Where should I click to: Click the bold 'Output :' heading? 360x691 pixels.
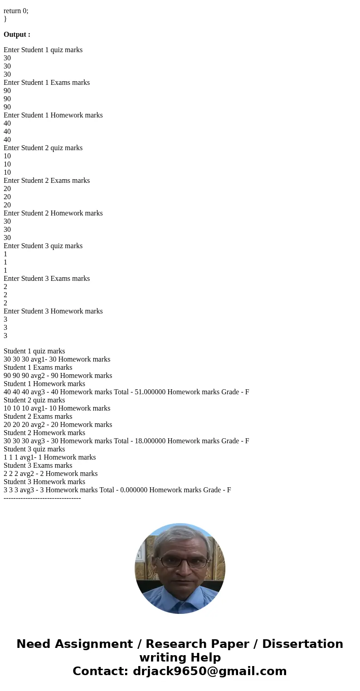tap(17, 34)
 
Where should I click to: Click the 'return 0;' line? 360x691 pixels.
tap(16, 11)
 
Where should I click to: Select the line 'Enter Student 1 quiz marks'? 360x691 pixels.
tap(43, 50)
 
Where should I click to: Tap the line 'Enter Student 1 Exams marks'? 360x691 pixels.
tap(47, 83)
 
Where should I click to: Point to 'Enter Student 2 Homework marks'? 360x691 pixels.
tap(53, 213)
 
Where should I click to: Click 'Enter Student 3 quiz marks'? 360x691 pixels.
tap(43, 246)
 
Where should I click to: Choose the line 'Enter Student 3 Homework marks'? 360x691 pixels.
tap(53, 311)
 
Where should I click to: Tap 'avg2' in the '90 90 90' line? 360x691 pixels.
tap(38, 376)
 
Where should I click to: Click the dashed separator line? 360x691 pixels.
tap(42, 498)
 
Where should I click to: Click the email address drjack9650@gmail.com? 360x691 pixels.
tap(209, 671)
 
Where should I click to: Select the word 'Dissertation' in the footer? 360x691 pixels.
tap(302, 644)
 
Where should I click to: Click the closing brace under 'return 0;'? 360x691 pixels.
tap(5, 19)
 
